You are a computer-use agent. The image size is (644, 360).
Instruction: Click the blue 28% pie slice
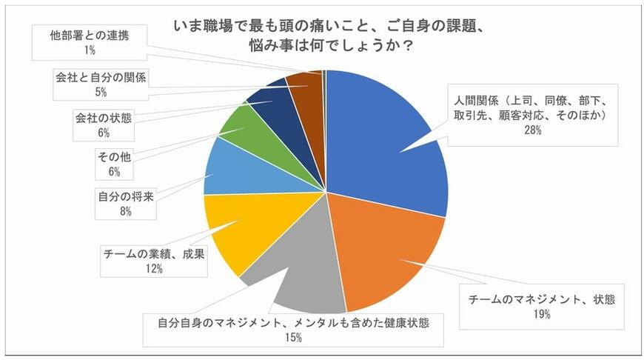[385, 141]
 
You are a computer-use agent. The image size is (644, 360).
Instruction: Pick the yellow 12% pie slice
[237, 230]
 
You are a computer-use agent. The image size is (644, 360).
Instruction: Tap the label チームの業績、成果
[154, 253]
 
